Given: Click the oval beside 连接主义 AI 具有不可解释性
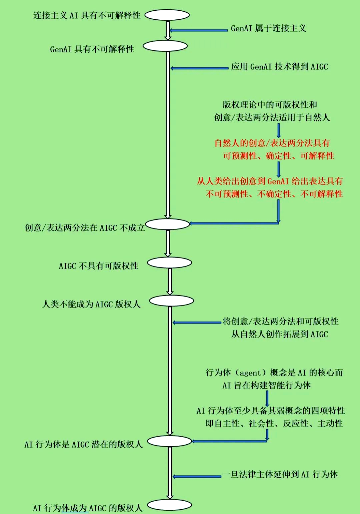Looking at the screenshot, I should (x=167, y=15).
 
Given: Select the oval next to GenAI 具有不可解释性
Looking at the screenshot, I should (x=165, y=46).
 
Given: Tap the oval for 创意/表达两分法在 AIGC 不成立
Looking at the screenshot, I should (x=167, y=224).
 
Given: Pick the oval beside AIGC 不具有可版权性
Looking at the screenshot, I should (x=169, y=263).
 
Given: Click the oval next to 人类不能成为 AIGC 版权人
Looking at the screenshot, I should (x=171, y=301).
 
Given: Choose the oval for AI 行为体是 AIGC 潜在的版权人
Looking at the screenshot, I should (x=169, y=441).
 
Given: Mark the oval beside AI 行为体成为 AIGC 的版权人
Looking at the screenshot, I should (x=169, y=505).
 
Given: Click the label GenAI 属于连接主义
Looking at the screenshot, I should (x=268, y=28).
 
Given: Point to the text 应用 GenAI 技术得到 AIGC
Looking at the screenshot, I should (x=279, y=67).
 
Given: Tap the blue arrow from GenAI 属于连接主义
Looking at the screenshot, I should (x=199, y=30).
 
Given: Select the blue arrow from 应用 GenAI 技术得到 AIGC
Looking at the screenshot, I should (x=199, y=68).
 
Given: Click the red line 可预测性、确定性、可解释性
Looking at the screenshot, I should (x=278, y=156).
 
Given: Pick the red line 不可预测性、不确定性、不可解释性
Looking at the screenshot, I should (x=274, y=194).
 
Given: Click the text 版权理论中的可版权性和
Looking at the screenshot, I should (x=270, y=105).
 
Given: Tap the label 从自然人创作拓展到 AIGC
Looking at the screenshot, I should (x=280, y=334).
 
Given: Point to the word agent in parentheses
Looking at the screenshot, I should (x=250, y=373).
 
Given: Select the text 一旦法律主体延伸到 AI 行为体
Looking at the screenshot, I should (x=280, y=474).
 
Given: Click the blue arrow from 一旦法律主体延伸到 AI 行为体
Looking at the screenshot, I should (x=197, y=477).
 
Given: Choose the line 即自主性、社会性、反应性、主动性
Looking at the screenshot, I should (x=274, y=424).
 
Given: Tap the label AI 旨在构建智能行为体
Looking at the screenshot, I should (x=266, y=386).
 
